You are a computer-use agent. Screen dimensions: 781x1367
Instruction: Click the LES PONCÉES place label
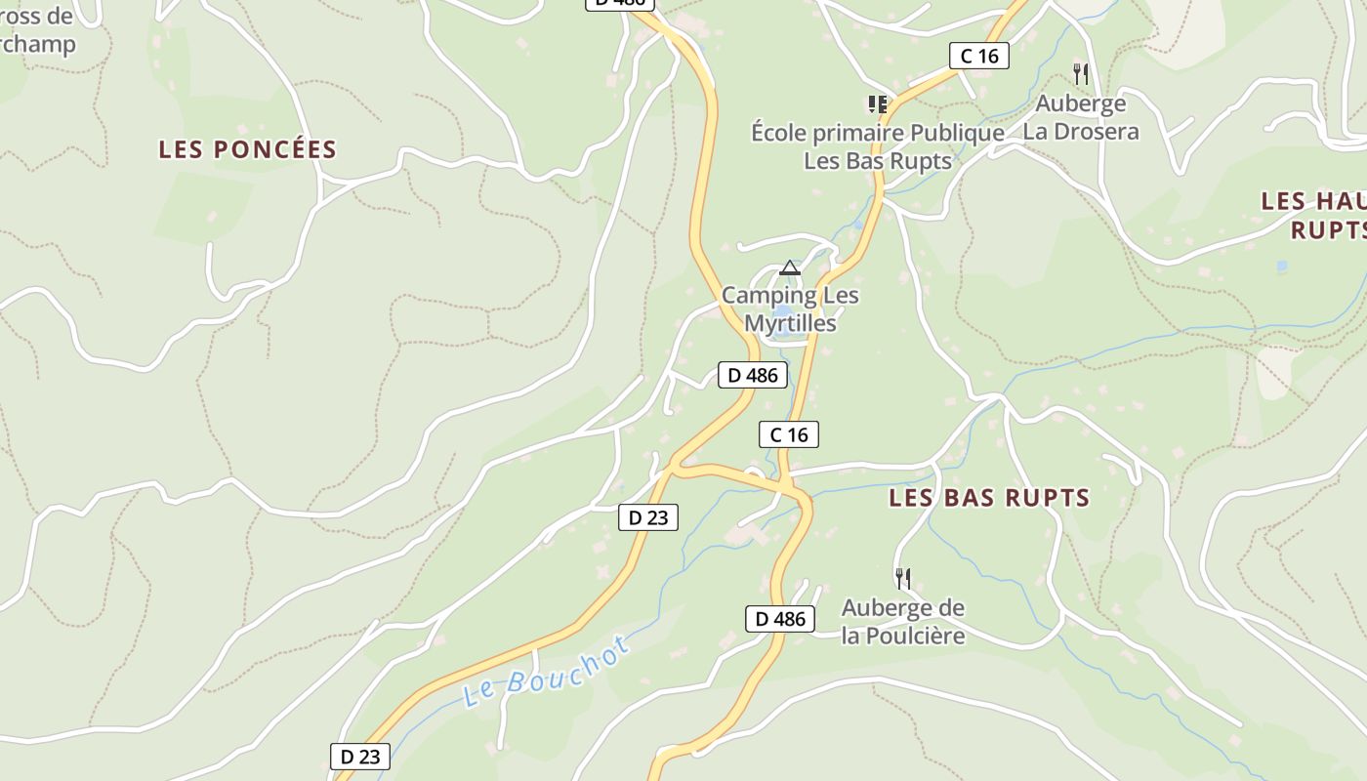click(248, 149)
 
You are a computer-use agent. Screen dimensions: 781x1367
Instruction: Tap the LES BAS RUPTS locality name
click(989, 498)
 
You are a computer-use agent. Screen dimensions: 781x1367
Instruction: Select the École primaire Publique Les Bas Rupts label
click(877, 146)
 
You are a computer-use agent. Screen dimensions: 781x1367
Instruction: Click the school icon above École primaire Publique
click(877, 103)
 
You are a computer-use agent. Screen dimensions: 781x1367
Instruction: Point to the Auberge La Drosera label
click(1081, 117)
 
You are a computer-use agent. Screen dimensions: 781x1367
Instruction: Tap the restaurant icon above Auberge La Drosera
click(1080, 73)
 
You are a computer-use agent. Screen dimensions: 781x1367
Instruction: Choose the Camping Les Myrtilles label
click(790, 308)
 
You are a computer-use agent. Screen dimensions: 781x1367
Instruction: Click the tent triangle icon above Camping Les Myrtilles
click(790, 267)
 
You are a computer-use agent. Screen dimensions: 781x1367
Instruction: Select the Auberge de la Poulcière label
click(903, 622)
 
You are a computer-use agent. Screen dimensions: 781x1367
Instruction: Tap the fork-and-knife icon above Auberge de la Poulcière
click(903, 578)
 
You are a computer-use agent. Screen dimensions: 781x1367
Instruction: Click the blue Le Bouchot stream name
click(546, 673)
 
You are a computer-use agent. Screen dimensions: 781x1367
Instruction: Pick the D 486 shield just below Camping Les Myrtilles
click(752, 375)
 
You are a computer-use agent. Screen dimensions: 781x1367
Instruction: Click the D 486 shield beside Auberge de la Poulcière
click(780, 618)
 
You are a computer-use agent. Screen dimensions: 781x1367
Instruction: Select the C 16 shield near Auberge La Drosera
click(979, 56)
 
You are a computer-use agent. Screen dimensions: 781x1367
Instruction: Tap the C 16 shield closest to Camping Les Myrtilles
click(789, 434)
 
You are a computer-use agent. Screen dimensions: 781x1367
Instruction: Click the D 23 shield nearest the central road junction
click(648, 517)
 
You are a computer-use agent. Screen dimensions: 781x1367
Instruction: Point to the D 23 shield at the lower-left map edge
click(360, 757)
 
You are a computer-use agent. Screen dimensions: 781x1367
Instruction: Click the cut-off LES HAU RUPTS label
click(1314, 215)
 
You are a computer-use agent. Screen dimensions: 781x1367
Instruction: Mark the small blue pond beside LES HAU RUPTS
click(1281, 266)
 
